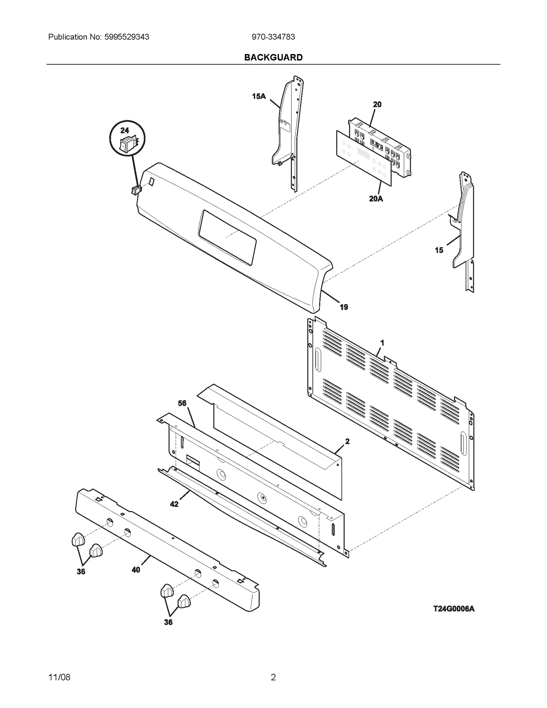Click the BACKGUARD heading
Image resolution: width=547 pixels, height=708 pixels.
tap(273, 57)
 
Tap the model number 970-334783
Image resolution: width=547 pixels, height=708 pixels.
tap(273, 37)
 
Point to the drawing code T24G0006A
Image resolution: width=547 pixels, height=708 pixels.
tap(454, 609)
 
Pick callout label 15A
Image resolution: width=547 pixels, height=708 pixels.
tap(259, 96)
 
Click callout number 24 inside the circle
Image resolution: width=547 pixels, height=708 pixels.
tap(124, 130)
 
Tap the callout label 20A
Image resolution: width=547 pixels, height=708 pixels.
tap(376, 199)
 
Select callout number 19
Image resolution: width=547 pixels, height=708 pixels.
tap(344, 307)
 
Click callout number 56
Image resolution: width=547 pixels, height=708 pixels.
tap(182, 403)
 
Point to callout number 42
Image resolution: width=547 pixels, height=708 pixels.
tap(174, 504)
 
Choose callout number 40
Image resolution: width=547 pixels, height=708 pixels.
tap(136, 570)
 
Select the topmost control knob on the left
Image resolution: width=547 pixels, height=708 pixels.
tap(78, 539)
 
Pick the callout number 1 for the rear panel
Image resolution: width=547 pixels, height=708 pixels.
tap(382, 343)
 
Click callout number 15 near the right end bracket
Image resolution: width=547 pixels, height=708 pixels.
tap(439, 250)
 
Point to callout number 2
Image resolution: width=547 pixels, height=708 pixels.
tap(347, 441)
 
